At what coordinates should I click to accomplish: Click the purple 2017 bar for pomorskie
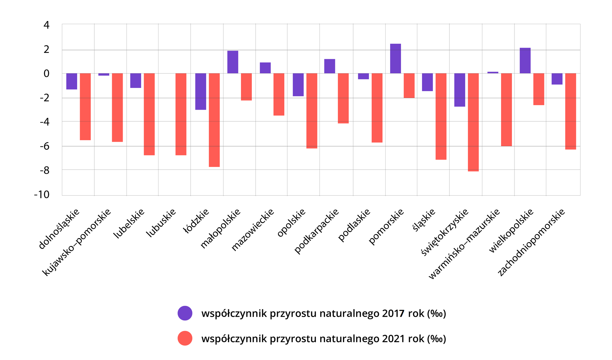coord(395,59)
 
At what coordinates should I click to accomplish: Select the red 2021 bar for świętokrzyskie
coord(473,122)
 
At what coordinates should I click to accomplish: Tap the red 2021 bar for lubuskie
coord(181,114)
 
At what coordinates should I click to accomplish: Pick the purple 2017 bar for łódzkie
coord(200,91)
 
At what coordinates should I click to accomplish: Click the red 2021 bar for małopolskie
coord(246,87)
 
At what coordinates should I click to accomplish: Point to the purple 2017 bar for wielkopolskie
coord(525,61)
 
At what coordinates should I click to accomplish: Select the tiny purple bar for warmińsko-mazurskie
coord(492,73)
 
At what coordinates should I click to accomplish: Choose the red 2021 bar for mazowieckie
coord(279,94)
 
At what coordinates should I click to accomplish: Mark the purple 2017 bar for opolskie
coord(298,85)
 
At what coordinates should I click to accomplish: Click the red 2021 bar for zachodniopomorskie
coord(571,111)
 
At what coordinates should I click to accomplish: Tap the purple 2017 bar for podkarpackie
coord(330,66)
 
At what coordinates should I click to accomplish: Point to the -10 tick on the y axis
coord(42,195)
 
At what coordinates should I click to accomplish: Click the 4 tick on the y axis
coord(47,25)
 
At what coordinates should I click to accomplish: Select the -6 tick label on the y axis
coord(45,146)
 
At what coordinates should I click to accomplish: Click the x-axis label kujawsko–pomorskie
coord(76,242)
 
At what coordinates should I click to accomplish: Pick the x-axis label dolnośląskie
coord(59,228)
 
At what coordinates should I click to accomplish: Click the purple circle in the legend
coord(185,313)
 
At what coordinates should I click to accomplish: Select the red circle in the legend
coord(185,338)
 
